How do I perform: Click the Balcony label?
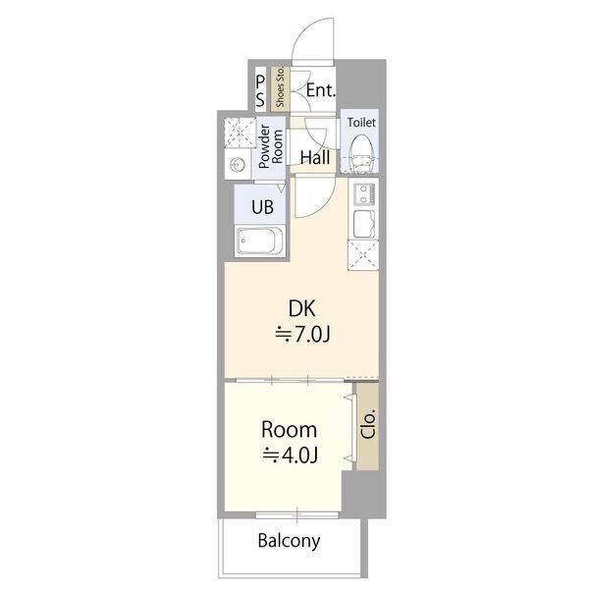(289, 541)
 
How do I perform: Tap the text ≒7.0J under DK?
(302, 335)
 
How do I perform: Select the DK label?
(301, 308)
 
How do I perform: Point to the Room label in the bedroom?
(289, 430)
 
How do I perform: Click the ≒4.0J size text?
(291, 455)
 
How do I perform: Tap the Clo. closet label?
(368, 425)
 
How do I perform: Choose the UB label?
(262, 206)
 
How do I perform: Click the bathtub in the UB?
(260, 241)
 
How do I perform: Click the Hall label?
(315, 158)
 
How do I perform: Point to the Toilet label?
(361, 123)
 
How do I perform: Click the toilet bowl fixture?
(361, 154)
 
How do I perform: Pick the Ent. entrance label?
(320, 90)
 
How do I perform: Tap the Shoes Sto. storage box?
(280, 88)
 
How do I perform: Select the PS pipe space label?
(260, 91)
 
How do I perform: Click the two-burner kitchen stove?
(363, 194)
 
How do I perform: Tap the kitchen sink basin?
(363, 224)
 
